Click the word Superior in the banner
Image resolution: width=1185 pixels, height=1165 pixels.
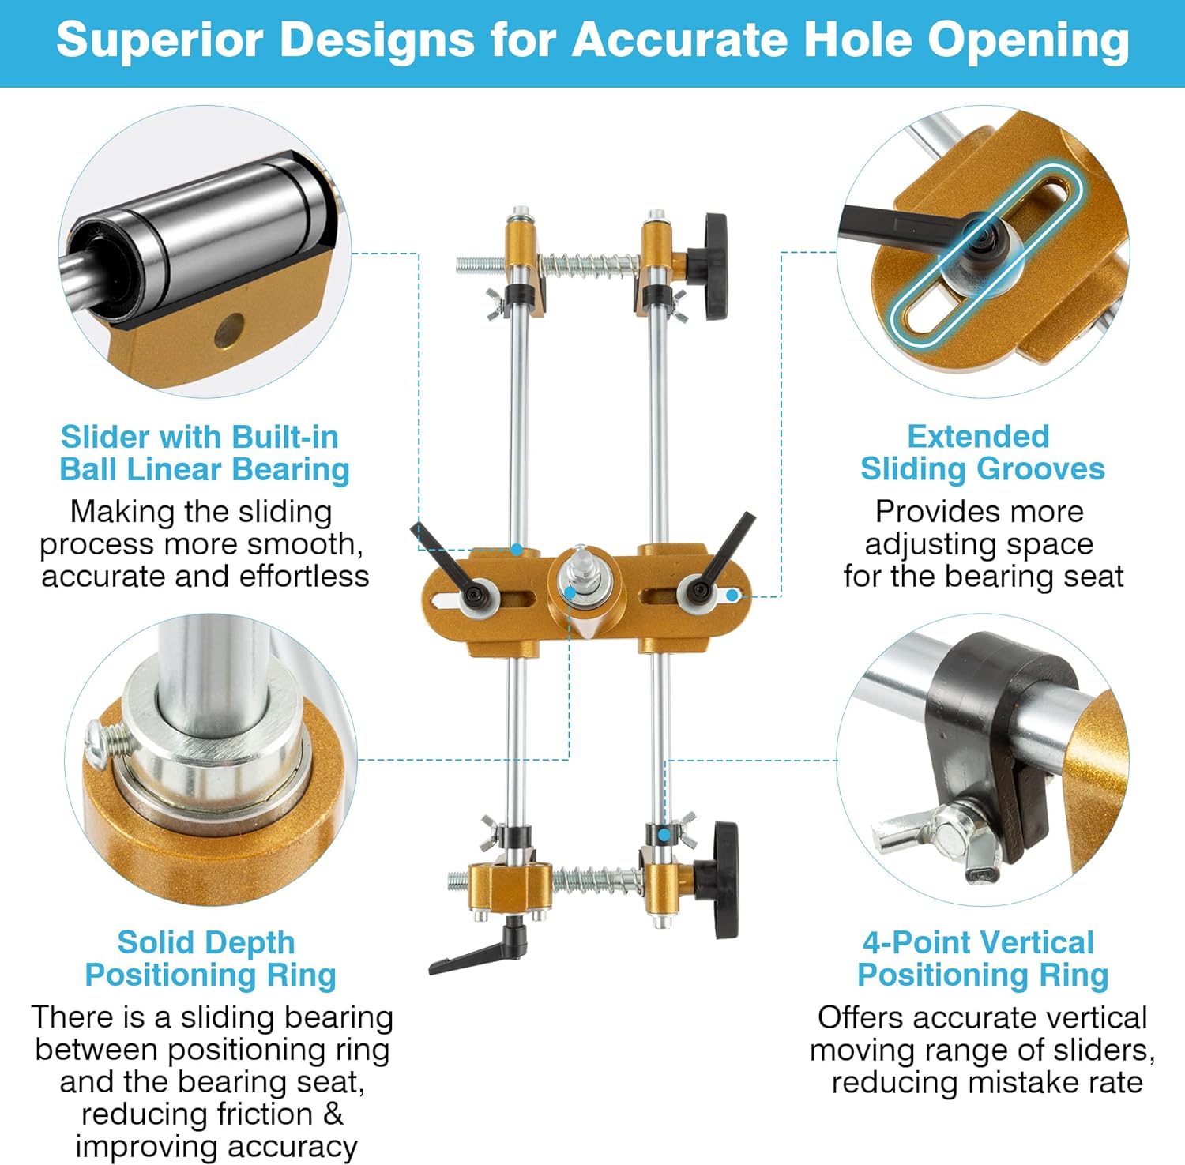(159, 39)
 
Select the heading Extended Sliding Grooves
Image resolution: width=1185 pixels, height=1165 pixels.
(982, 453)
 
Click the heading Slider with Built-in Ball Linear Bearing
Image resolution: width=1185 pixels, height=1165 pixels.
(204, 453)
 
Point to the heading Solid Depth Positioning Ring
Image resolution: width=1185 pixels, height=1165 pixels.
(210, 959)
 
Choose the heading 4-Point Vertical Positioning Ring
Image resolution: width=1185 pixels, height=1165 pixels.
(982, 959)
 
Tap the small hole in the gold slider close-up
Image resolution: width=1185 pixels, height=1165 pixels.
(229, 331)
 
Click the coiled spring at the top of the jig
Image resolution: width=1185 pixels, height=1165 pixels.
(588, 264)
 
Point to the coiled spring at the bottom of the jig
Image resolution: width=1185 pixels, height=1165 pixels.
(596, 878)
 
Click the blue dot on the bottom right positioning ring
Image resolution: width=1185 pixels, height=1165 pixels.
(664, 834)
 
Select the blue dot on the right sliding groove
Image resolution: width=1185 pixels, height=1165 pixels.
(732, 595)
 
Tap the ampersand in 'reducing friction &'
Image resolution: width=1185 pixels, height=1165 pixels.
(333, 1114)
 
